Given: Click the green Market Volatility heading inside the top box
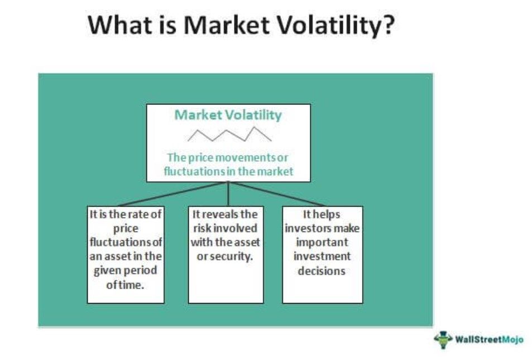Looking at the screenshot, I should click(228, 116).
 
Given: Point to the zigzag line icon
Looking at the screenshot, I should click(229, 134).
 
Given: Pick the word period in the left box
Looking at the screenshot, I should click(142, 270).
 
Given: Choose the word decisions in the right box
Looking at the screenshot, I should click(322, 271).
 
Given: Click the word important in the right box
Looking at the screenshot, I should click(322, 243).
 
